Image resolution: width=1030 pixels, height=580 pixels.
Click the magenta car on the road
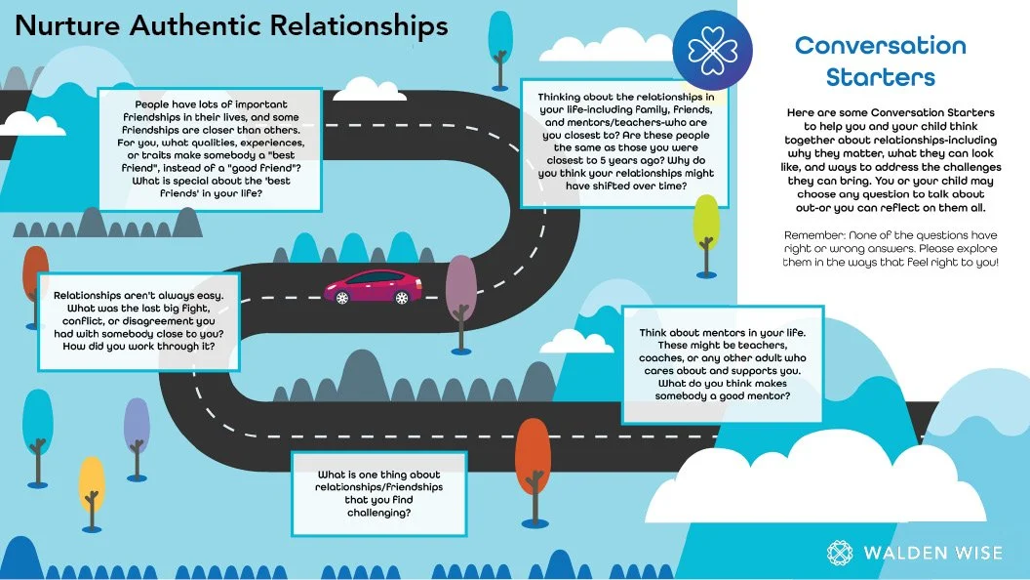374,287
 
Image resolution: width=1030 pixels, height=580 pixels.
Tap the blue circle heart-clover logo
719,45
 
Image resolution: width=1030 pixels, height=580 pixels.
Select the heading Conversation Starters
880,61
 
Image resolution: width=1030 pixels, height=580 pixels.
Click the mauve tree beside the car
460,289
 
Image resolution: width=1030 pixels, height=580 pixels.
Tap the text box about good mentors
715,365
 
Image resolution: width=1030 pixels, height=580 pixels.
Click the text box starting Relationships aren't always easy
138,320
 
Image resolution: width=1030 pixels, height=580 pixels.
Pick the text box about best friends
211,148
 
